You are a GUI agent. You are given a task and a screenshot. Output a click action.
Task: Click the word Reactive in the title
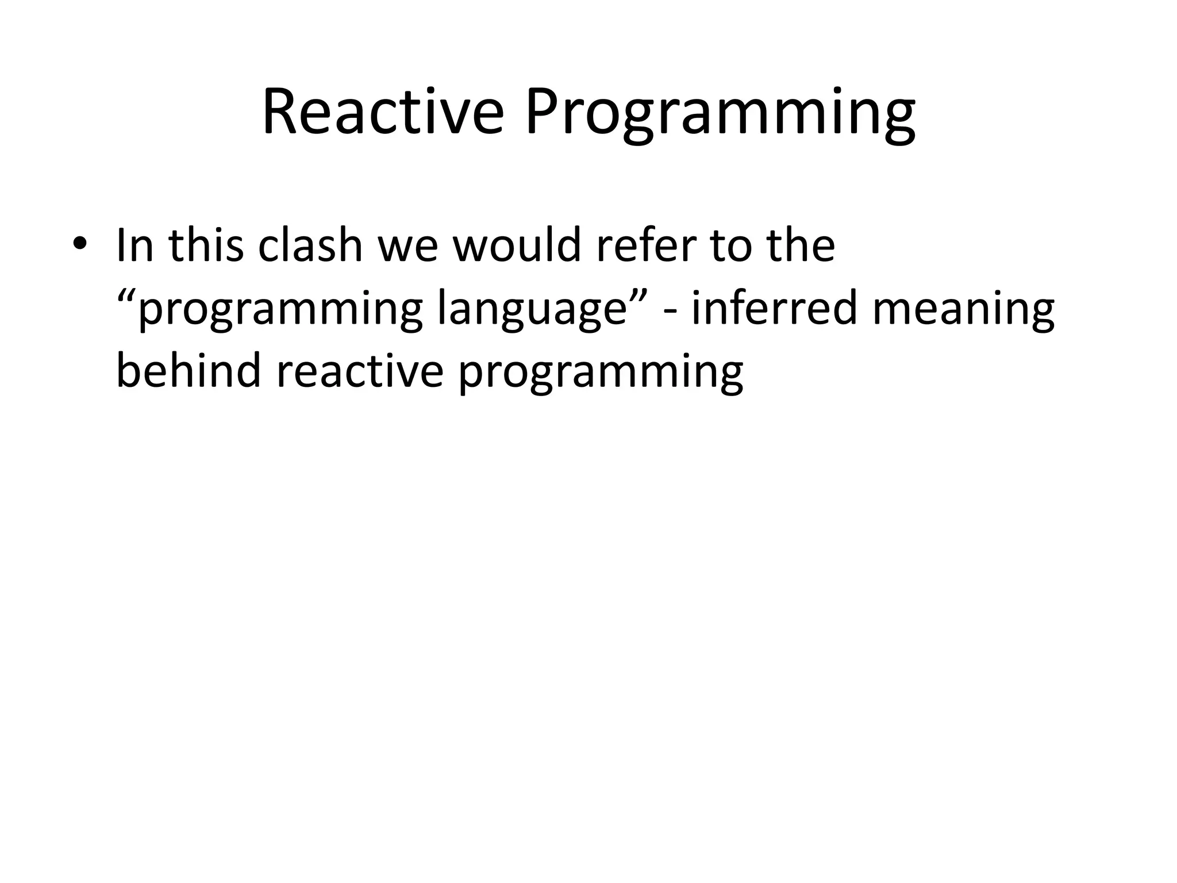(x=382, y=112)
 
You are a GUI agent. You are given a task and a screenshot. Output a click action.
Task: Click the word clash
(x=310, y=246)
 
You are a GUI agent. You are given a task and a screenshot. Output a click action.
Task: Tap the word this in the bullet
(x=206, y=246)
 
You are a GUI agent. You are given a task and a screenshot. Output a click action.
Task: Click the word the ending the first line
(x=800, y=246)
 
